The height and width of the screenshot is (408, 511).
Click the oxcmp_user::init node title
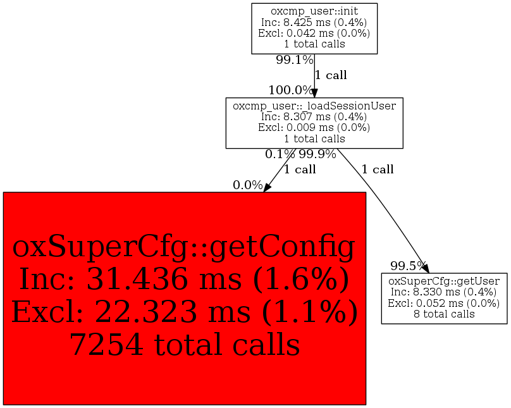pos(314,11)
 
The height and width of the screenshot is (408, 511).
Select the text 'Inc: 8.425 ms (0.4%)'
pos(314,22)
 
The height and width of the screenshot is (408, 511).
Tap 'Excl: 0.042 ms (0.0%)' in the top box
pos(314,33)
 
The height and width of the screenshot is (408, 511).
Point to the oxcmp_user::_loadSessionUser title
pos(314,106)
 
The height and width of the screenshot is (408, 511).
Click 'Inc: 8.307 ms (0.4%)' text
pos(314,116)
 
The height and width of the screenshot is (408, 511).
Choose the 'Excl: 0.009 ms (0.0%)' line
pos(314,127)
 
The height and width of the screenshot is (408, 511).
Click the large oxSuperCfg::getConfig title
pos(184,249)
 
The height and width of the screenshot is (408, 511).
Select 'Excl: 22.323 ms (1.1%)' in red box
pos(184,312)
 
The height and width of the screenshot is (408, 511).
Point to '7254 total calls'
pos(184,345)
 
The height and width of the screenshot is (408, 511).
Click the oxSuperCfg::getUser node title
pos(444,281)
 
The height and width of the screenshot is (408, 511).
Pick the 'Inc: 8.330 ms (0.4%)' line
pos(444,292)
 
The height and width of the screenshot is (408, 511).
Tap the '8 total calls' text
pos(444,314)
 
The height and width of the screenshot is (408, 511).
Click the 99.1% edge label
pos(294,60)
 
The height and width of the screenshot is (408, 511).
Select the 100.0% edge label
pos(290,90)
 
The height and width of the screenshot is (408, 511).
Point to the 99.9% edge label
pos(317,154)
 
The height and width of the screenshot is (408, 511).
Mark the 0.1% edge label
pos(280,154)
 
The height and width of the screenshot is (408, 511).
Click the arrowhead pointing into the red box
pos(268,187)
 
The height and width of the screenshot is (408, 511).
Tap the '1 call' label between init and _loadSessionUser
pos(331,75)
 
